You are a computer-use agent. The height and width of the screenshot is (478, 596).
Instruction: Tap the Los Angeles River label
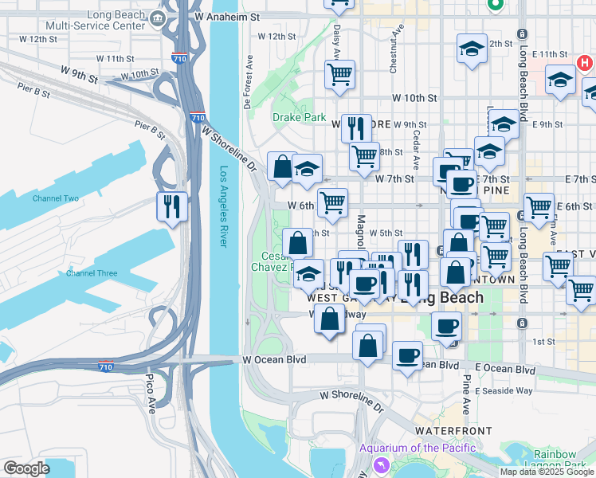224,206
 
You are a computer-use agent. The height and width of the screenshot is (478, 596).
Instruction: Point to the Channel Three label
92,273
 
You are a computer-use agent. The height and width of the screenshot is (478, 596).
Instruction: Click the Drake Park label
299,117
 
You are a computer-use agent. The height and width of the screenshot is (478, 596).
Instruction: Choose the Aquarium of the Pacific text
417,448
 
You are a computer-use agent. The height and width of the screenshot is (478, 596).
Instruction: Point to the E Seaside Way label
504,390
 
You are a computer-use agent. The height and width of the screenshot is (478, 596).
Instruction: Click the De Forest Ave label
249,82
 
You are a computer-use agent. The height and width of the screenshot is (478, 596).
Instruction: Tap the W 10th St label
414,98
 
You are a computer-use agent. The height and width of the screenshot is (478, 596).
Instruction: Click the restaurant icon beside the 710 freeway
172,206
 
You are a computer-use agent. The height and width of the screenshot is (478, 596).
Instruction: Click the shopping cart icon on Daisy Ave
340,74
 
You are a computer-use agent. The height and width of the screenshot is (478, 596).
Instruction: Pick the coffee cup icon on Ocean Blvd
408,355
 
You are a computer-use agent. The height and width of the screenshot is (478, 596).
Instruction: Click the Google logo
25,468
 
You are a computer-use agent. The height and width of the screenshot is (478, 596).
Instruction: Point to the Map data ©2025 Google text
547,472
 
